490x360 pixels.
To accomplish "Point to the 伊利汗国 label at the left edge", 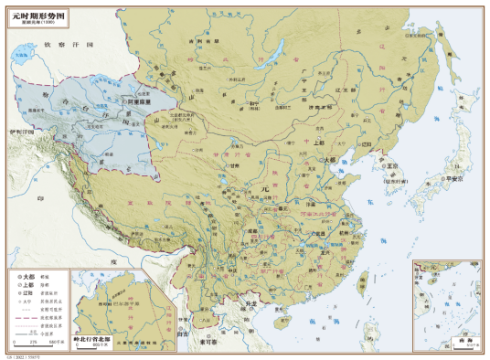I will pos(19,132).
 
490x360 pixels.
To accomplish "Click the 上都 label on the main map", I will pos(317,143).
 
